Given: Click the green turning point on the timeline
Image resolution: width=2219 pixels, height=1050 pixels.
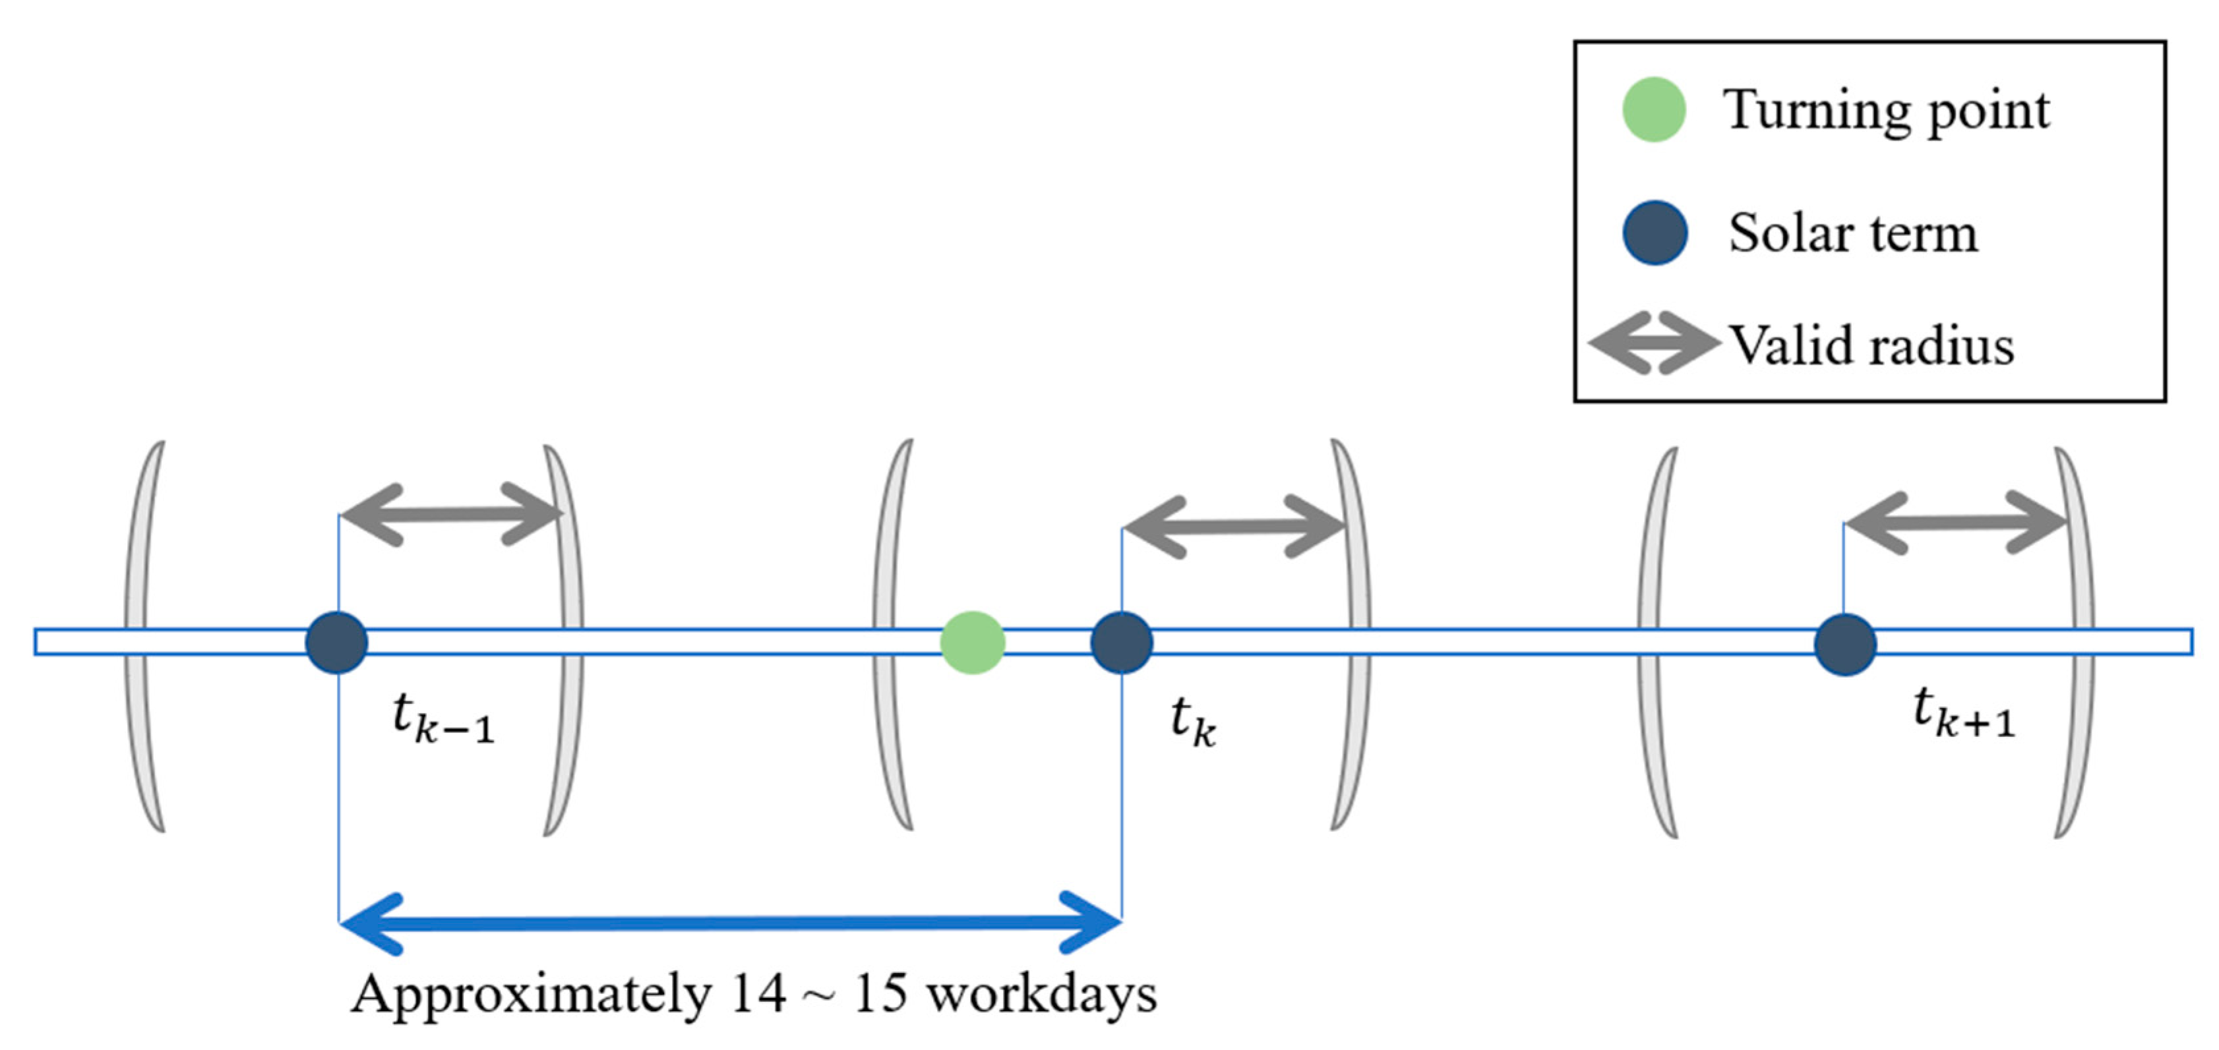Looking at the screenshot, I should pos(971,643).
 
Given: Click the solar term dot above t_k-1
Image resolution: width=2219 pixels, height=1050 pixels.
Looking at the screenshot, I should pos(337,643).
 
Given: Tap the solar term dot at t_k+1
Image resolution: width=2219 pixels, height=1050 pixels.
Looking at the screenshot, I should pos(1844,644).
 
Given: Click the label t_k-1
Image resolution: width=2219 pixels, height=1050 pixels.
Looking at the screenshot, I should pos(442,718).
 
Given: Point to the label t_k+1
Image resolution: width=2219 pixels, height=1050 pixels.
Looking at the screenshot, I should pos(1963,714).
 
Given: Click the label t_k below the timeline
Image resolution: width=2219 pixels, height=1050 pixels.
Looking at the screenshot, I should pos(1193,722).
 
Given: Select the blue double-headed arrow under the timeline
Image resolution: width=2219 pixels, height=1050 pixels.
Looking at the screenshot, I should pos(729,923).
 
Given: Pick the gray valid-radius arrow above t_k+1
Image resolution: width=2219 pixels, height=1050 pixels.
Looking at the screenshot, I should pos(1955,522).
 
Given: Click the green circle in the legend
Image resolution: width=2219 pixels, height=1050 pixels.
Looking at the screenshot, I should pos(1653,109).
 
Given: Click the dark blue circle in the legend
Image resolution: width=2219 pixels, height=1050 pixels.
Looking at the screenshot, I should pos(1654,233).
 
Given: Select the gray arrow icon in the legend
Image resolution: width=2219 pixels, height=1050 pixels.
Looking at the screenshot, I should pos(1651,343).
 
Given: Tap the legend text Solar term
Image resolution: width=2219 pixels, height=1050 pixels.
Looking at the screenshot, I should pos(1853,233).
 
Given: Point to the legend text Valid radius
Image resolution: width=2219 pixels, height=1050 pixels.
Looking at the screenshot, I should pos(1871,345).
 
